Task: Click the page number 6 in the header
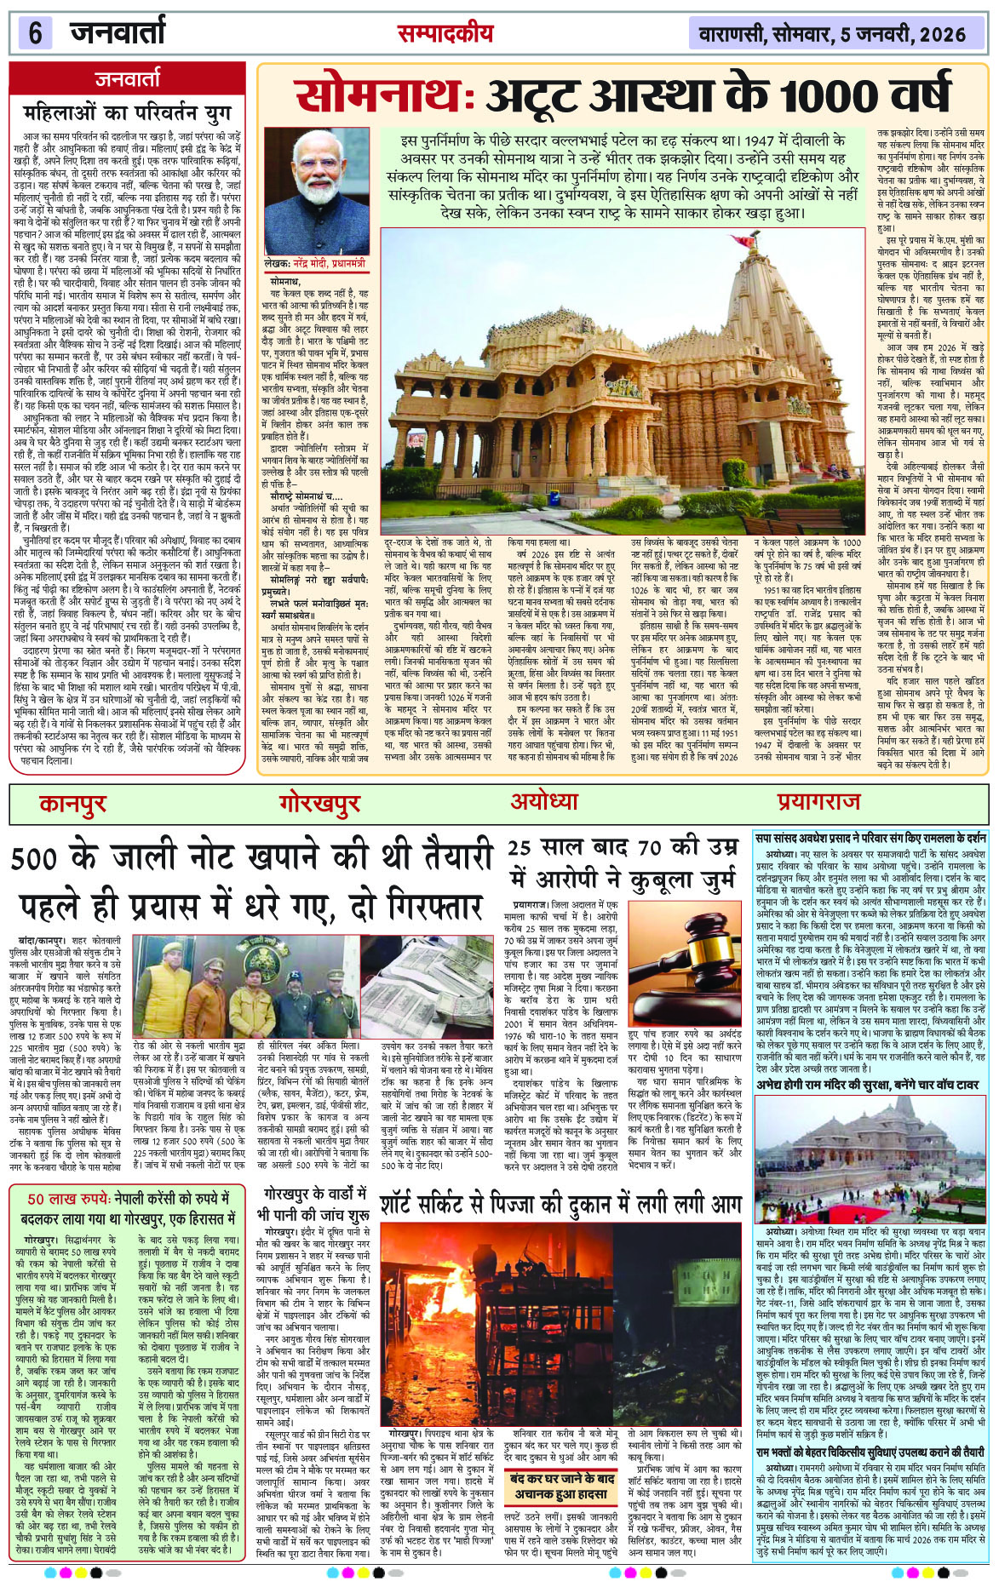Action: tap(35, 34)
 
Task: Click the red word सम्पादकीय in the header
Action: tap(444, 33)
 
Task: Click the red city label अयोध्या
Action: tap(543, 801)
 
